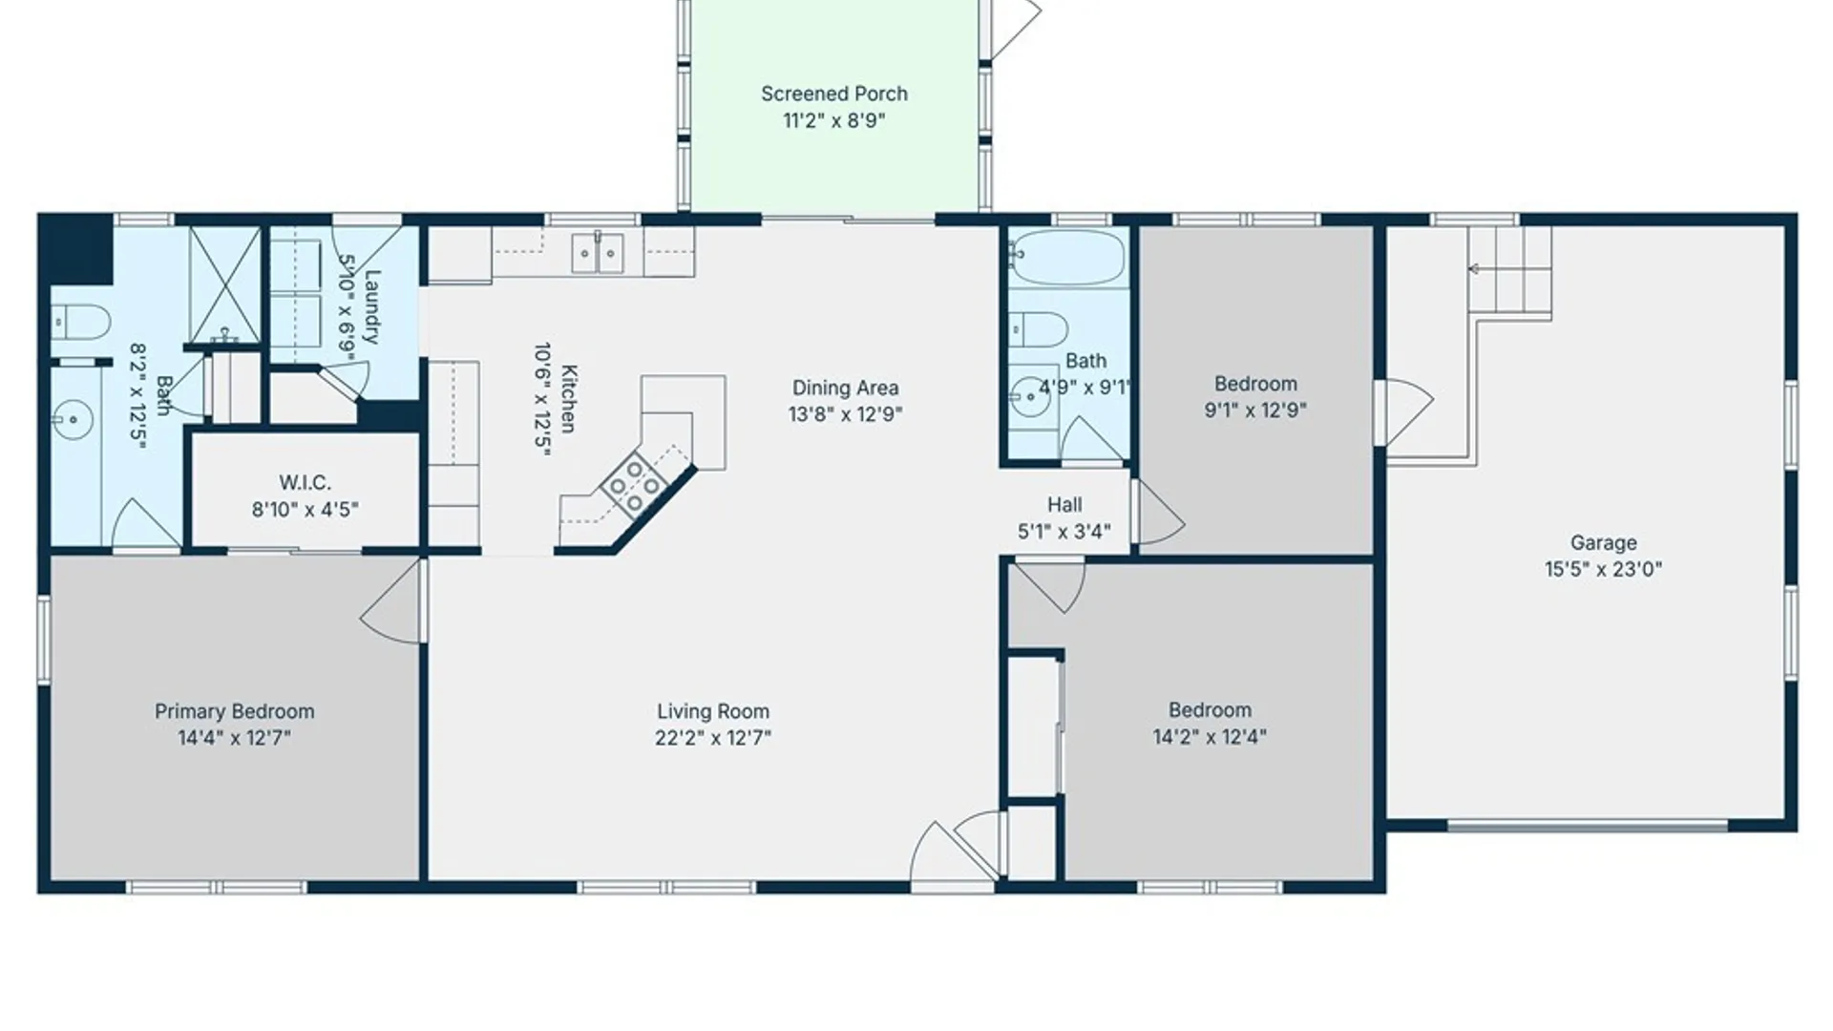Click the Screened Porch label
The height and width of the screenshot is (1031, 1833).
point(833,94)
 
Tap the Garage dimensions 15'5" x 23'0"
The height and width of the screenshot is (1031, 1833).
point(1603,569)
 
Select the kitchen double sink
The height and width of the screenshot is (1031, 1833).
point(598,253)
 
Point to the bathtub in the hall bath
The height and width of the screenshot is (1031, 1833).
point(1067,257)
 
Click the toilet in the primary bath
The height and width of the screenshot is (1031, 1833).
point(80,322)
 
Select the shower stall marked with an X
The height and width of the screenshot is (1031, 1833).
point(224,284)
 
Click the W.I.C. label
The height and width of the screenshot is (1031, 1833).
point(305,482)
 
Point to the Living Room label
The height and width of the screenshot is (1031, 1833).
point(713,711)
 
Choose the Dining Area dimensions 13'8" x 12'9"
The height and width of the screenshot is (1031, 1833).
point(845,413)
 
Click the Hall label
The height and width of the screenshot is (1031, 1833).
point(1064,504)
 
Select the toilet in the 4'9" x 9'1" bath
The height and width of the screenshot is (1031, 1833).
point(1038,329)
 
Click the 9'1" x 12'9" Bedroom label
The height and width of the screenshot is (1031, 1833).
point(1255,384)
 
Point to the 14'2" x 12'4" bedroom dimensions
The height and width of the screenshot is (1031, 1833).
point(1210,736)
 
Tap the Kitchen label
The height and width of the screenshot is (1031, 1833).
point(568,398)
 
